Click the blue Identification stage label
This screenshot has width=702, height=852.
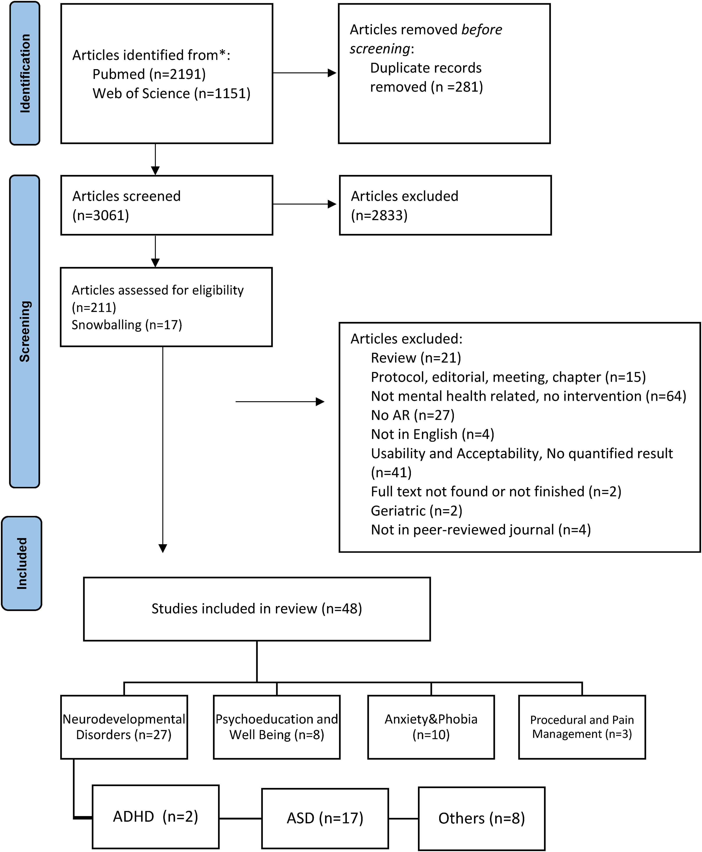[25, 73]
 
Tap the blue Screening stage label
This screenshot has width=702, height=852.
[25, 331]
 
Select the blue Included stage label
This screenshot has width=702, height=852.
[22, 563]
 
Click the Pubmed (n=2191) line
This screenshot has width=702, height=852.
[149, 74]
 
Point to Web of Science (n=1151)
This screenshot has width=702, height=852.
[172, 93]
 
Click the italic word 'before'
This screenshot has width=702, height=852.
[482, 30]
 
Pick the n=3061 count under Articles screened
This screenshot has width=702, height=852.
[101, 215]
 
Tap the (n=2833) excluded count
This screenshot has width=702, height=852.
[379, 215]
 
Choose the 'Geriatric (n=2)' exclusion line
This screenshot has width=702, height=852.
[417, 510]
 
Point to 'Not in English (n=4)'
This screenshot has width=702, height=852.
[433, 434]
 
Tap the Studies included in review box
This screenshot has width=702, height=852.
[257, 609]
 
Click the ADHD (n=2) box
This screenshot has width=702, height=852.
[156, 817]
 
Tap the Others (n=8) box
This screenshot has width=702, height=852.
[482, 818]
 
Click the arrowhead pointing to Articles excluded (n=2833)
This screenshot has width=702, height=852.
[332, 204]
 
